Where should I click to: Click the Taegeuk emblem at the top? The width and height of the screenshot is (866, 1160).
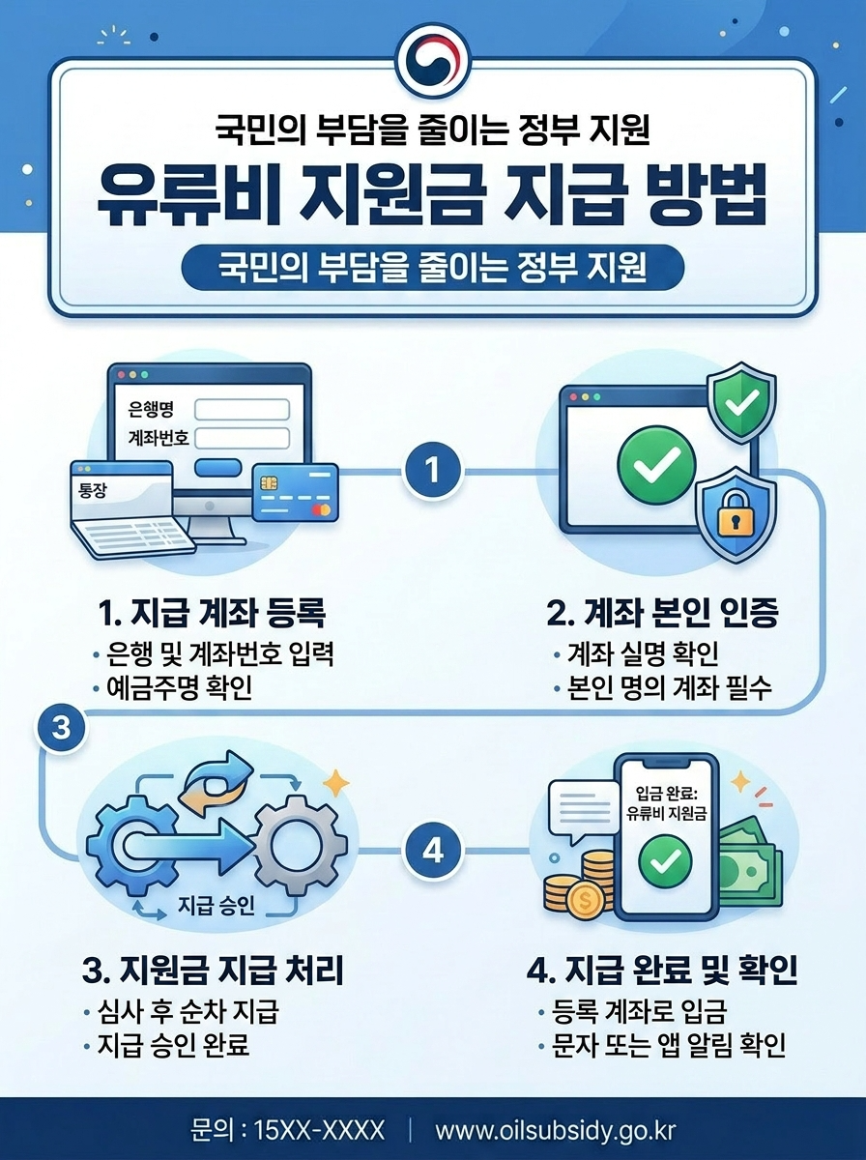coord(432,59)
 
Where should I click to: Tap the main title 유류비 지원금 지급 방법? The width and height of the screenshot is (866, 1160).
coord(432,196)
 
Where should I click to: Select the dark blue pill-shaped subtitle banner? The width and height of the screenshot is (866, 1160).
coord(432,268)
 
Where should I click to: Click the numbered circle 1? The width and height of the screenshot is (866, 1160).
coord(432,471)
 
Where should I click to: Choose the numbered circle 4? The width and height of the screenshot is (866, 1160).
coord(432,852)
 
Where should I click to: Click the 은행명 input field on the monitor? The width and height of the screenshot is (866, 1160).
coord(242,410)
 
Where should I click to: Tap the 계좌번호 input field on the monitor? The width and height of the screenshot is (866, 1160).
coord(242,438)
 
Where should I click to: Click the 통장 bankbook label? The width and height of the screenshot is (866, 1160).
coord(94,490)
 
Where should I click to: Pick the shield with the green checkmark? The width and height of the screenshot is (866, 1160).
coord(740,402)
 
